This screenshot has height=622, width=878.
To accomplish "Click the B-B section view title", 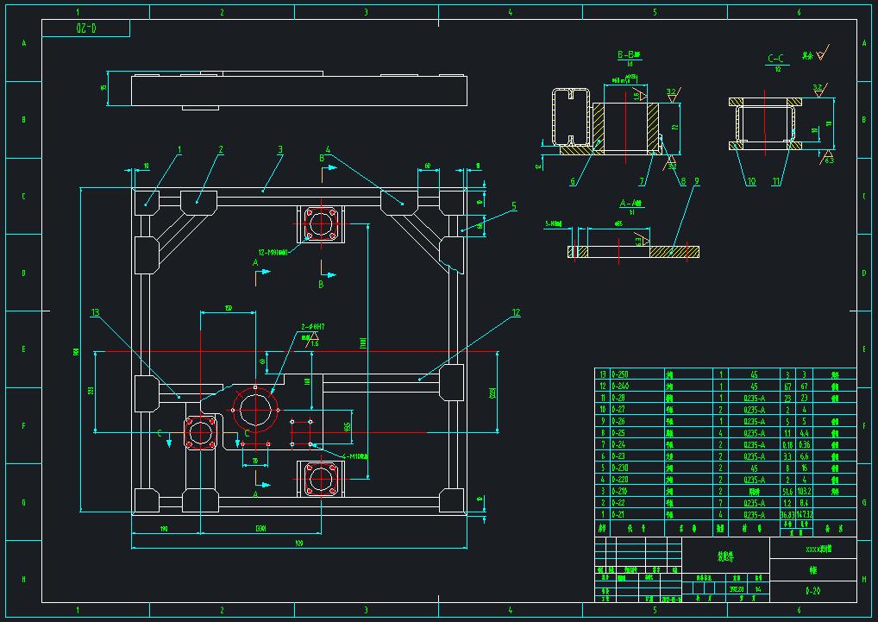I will point(626,55).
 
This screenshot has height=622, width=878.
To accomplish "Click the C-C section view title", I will point(778,59).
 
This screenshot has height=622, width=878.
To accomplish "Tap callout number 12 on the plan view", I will point(516,312).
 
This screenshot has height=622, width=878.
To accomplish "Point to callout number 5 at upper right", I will point(513,205).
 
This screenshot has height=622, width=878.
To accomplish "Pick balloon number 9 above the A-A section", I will point(696,181).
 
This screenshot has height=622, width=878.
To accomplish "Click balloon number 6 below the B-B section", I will point(572,182).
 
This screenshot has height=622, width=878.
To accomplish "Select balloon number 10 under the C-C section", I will point(750,182).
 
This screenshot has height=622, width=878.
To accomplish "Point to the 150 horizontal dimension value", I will point(229,307).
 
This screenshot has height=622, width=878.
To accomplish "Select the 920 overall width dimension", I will point(298,543).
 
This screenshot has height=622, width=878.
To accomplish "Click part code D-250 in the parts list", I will point(620,374).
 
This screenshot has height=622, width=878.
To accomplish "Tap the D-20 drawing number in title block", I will point(812,591).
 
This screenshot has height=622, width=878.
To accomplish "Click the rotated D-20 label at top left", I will point(86,28).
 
